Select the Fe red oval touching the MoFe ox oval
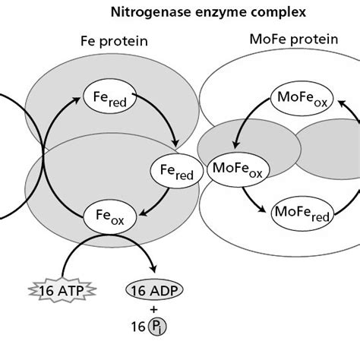(x=176, y=172)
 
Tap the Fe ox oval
(x=110, y=217)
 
